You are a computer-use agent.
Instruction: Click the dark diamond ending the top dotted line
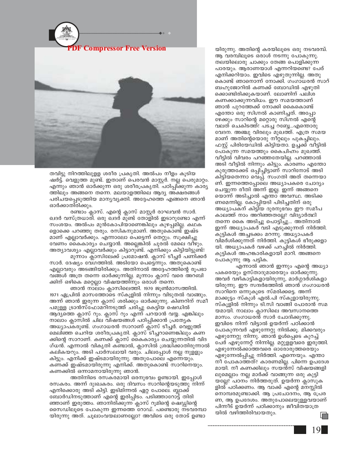pos(163,32)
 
